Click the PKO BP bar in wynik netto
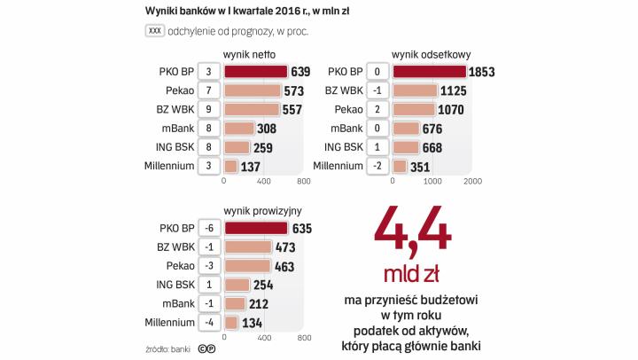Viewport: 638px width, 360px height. click(255, 72)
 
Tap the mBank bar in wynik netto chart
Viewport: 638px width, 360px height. click(237, 129)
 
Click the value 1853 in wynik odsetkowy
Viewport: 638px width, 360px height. click(486, 72)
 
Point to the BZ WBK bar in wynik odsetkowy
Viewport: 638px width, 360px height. click(415, 90)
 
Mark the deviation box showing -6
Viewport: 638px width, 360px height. click(208, 228)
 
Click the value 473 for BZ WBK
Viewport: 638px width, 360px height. click(286, 247)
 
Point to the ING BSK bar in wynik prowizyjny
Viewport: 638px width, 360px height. click(237, 285)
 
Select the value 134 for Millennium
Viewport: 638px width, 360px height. click(253, 323)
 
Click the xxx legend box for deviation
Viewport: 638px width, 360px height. click(154, 31)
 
